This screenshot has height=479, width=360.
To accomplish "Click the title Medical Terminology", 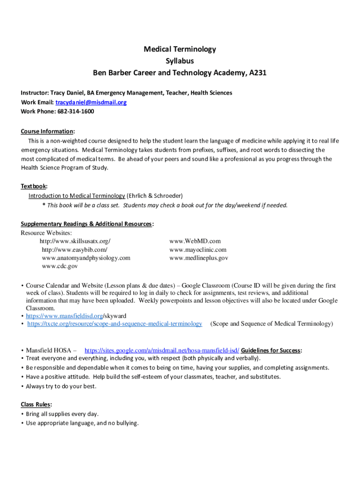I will click(x=180, y=49).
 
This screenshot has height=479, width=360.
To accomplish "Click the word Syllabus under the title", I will click(x=180, y=61).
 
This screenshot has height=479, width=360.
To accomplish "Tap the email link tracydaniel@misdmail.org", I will click(x=91, y=102).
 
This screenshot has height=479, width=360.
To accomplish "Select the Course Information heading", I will click(x=47, y=131).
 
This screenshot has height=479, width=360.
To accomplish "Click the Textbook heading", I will click(x=33, y=186).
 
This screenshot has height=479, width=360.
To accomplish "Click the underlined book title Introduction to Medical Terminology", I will click(x=77, y=196).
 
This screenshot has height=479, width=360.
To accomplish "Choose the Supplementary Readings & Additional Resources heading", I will click(x=86, y=224).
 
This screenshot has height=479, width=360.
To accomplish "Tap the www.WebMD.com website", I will click(x=191, y=241).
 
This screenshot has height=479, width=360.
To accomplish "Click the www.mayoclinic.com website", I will click(x=198, y=250).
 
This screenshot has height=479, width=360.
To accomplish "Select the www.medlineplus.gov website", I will click(x=199, y=258).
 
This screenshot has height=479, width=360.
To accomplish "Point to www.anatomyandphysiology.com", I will click(x=86, y=258).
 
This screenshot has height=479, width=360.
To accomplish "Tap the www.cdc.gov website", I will click(x=60, y=267).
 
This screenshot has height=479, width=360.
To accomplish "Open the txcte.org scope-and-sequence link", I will click(x=115, y=324).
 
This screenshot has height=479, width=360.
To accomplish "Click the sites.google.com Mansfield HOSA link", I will click(x=162, y=350).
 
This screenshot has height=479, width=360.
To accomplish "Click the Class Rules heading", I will click(x=36, y=404).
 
